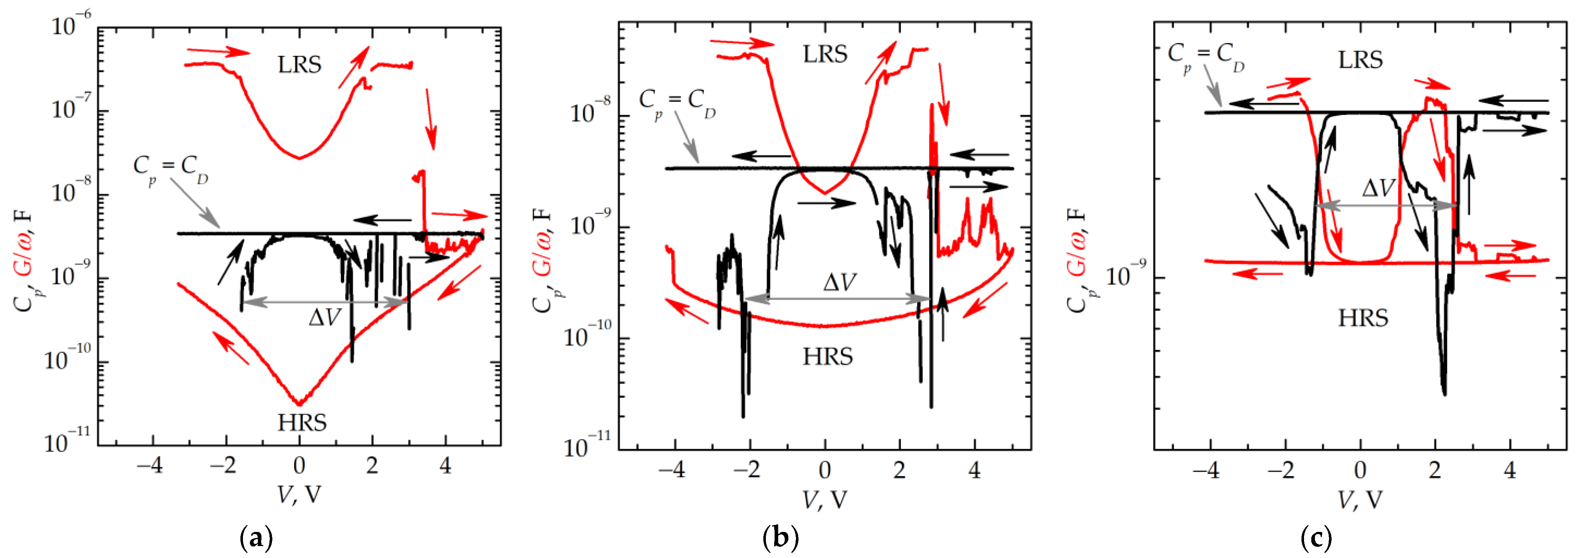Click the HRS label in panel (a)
302,422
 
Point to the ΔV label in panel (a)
324,317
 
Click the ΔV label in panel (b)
839,282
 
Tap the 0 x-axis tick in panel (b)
825,471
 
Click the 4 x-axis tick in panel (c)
1510,471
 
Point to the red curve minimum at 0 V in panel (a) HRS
299,403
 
